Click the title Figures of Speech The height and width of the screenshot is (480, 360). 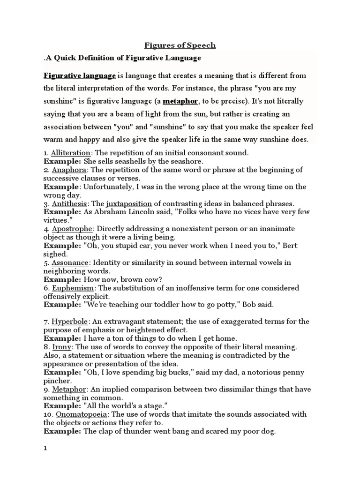click(180, 45)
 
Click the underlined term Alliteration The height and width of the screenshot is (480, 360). click(70, 152)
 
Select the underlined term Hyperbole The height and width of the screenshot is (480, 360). click(69, 322)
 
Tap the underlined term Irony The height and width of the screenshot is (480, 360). click(61, 347)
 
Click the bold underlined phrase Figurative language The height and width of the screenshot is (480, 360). click(80, 75)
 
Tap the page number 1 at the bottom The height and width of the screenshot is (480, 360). click(45, 448)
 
